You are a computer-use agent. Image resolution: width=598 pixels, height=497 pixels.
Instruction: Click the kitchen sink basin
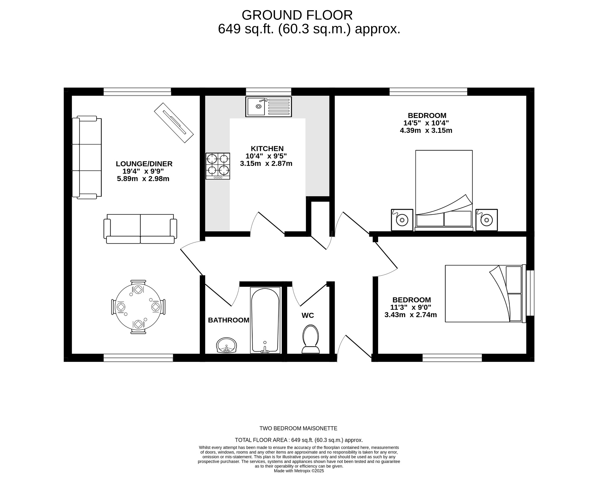[256, 107]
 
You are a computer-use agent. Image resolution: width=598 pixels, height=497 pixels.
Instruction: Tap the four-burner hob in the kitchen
[218, 166]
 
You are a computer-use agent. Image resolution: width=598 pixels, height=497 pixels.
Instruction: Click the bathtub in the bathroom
[265, 320]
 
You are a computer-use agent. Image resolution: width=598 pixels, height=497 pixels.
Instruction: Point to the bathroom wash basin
[226, 345]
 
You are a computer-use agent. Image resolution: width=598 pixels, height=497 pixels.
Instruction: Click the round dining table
[138, 307]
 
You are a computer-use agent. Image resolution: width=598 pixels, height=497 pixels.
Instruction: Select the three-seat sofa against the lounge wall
[87, 157]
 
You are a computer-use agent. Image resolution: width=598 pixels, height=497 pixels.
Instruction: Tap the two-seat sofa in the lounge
[140, 229]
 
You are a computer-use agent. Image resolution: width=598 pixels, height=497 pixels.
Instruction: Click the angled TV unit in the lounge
[174, 123]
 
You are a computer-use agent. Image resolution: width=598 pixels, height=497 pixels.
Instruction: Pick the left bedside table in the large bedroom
[402, 220]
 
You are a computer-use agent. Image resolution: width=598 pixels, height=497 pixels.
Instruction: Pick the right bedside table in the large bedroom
[486, 220]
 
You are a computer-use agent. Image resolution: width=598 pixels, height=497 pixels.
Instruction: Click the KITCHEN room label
[267, 148]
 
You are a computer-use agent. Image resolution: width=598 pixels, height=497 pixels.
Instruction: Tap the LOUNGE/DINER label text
[144, 164]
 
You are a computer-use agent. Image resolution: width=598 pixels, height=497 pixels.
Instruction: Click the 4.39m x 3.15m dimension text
[426, 131]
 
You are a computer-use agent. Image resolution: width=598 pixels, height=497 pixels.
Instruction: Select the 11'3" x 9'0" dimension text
[410, 307]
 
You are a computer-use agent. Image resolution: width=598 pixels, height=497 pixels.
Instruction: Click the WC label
[307, 315]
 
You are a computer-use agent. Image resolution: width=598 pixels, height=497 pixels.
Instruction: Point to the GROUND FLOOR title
[297, 15]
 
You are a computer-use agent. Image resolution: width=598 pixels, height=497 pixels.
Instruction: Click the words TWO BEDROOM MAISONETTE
[298, 428]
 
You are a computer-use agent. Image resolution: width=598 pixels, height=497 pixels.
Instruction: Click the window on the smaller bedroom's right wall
[530, 293]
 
